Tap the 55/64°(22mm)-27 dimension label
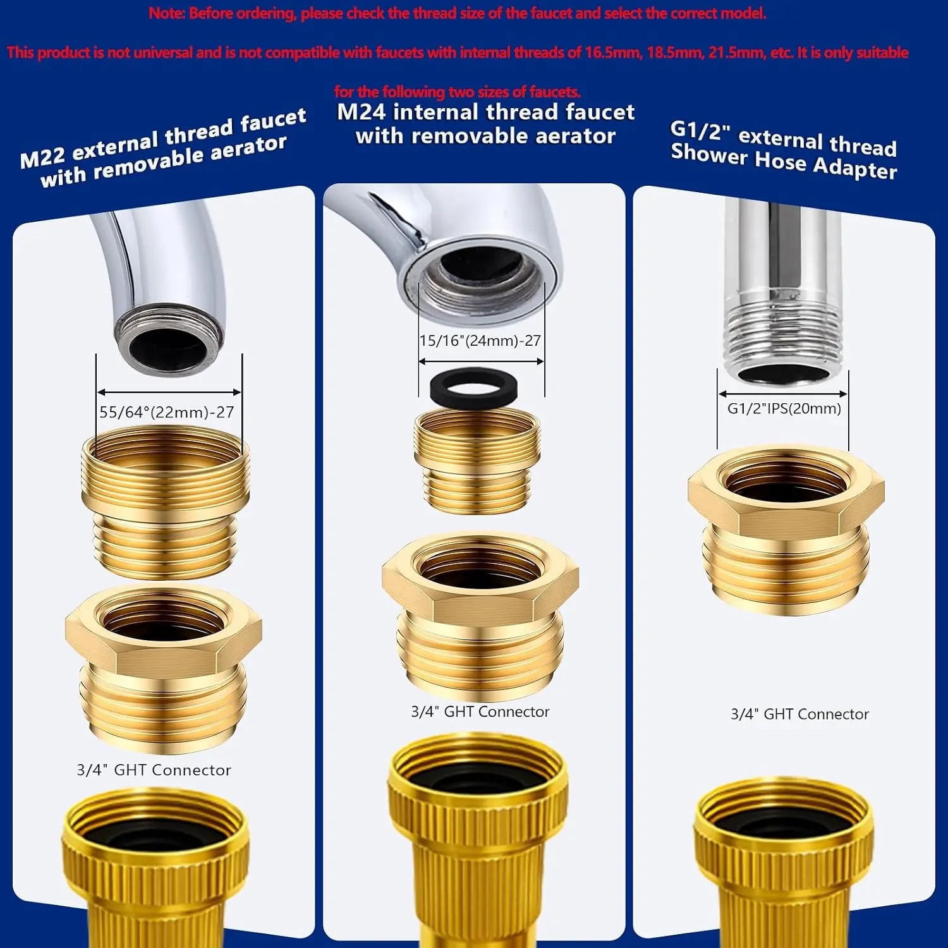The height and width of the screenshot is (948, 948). click(x=167, y=412)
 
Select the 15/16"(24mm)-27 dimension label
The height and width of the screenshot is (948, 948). click(x=480, y=341)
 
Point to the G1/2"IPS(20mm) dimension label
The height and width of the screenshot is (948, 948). click(x=784, y=408)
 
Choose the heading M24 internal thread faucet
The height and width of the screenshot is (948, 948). click(x=485, y=112)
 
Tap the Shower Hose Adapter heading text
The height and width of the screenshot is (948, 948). click(x=784, y=161)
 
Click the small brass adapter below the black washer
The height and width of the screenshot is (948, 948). click(x=477, y=460)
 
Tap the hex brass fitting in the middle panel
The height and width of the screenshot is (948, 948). click(x=480, y=616)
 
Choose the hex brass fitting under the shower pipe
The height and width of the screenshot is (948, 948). click(x=786, y=530)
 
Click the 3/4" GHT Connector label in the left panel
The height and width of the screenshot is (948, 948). click(x=154, y=770)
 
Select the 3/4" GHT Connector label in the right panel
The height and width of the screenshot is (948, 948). click(x=800, y=714)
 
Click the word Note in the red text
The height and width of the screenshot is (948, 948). click(x=166, y=13)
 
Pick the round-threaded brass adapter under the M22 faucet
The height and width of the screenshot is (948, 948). click(x=166, y=502)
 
